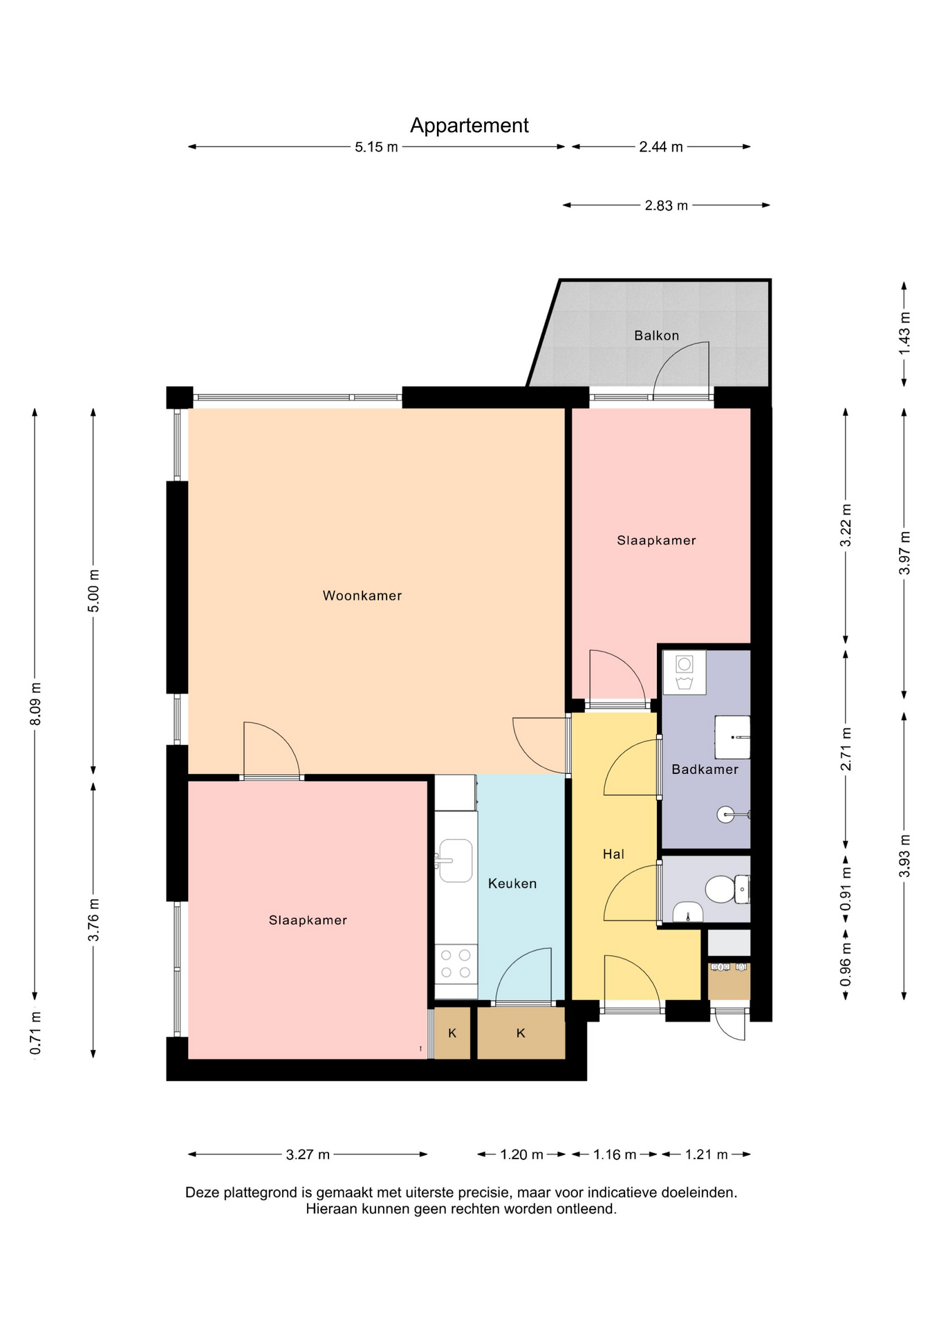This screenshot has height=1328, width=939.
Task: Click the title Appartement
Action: [469, 126]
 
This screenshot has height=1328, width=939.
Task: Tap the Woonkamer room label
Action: [362, 596]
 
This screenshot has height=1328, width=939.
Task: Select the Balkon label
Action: [657, 335]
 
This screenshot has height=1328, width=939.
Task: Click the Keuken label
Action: [512, 883]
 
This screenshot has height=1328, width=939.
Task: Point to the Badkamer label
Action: [705, 769]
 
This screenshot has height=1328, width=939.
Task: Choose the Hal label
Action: [613, 854]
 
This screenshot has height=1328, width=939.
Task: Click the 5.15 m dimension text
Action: [376, 147]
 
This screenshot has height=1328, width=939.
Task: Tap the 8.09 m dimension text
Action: [35, 704]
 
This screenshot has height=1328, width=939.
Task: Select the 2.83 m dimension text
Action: [667, 205]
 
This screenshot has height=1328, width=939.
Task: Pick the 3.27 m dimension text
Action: [308, 1154]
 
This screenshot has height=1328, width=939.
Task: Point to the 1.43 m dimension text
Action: [904, 333]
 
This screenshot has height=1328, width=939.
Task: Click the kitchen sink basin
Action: [456, 860]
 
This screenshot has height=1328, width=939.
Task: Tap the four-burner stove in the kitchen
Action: [456, 963]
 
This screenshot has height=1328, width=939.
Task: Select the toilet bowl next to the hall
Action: [720, 889]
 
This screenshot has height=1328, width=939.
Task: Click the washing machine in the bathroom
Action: [685, 672]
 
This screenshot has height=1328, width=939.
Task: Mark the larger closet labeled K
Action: [521, 1033]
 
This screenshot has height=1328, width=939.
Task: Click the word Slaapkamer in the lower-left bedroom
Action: [308, 920]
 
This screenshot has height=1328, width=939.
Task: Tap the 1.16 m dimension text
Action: [615, 1154]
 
